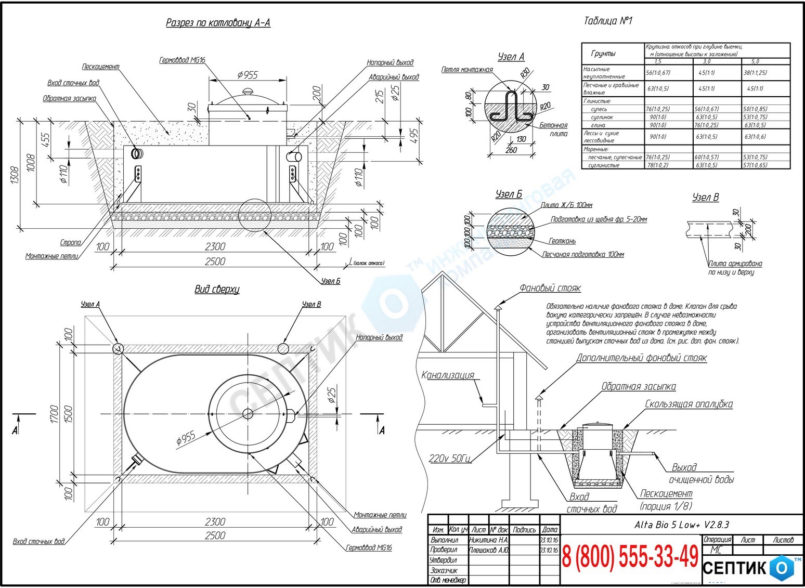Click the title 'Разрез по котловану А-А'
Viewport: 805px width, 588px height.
coord(218,23)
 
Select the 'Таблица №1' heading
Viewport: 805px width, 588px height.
coord(608,21)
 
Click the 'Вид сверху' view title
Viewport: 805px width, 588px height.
coord(217,290)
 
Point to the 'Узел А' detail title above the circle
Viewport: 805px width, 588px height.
coord(511,57)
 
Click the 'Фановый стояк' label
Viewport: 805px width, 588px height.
coord(550,288)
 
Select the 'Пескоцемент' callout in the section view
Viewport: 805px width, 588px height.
coord(100,67)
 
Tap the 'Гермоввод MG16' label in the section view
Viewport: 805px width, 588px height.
coord(182,60)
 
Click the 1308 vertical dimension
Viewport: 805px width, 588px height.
coord(14,176)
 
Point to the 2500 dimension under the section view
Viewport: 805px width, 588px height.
coord(215,261)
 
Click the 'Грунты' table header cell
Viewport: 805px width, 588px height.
coord(603,54)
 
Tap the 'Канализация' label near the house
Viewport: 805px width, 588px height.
coord(448,375)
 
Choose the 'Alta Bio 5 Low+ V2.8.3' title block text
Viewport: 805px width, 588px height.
coord(682,525)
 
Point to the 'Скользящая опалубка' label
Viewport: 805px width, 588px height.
coord(689,404)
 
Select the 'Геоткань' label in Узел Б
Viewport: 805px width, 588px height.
coord(562,241)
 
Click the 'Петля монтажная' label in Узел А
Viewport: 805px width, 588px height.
coord(466,70)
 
